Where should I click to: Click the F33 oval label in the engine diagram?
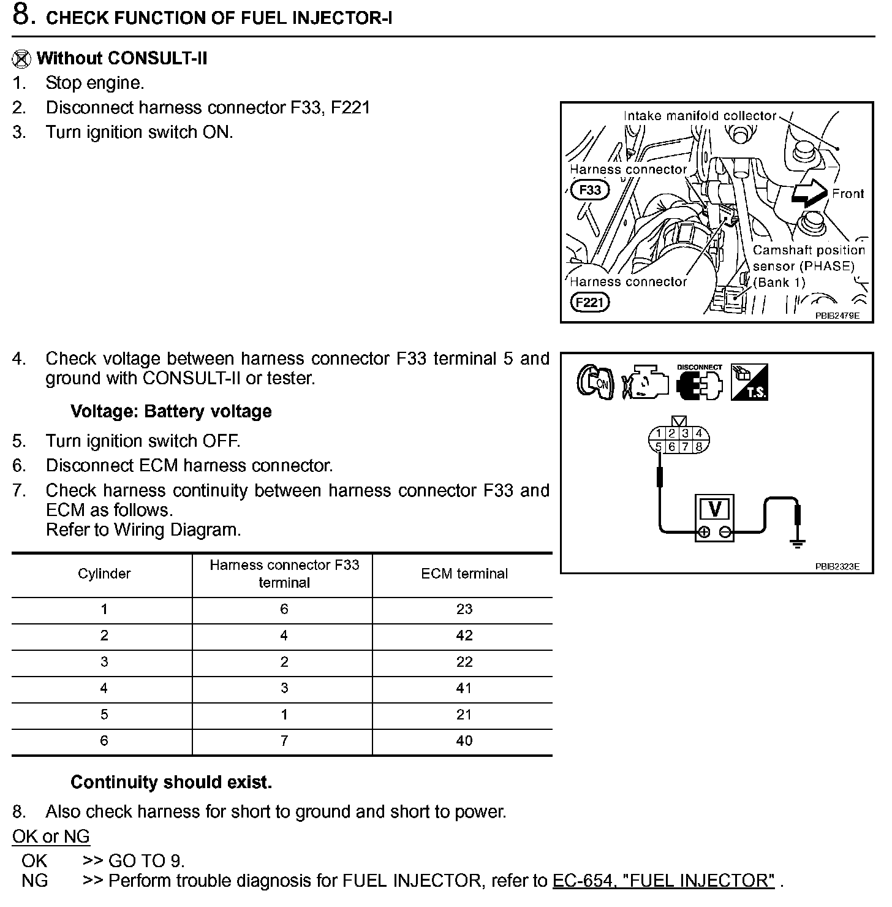(x=590, y=189)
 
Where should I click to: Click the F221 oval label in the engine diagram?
(x=589, y=302)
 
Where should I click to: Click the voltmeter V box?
(x=714, y=510)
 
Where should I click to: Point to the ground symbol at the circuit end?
(x=798, y=542)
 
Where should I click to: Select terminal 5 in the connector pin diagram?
(x=658, y=447)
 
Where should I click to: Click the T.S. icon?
(x=749, y=382)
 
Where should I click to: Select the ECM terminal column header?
(x=464, y=574)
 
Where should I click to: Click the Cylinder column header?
(x=104, y=574)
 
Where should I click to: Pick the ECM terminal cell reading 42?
(x=464, y=636)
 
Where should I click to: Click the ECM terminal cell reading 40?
(x=464, y=741)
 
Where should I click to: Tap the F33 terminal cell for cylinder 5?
(x=284, y=715)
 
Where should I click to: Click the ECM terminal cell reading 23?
(x=464, y=609)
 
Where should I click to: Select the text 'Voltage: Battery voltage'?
(x=171, y=411)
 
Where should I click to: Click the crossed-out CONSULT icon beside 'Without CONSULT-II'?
(x=21, y=59)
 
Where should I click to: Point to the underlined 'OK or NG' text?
(x=51, y=836)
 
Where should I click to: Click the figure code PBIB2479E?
(x=837, y=316)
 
